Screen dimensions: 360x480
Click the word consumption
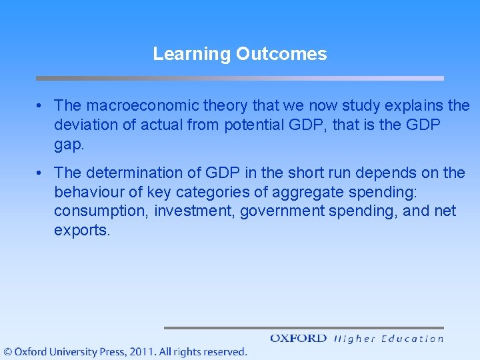[101, 211]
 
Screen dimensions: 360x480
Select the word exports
[80, 231]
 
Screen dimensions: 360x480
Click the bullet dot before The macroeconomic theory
[41, 106]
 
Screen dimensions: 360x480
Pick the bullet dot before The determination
[41, 173]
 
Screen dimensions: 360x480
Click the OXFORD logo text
[298, 338]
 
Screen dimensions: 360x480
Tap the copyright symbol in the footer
[8, 351]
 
